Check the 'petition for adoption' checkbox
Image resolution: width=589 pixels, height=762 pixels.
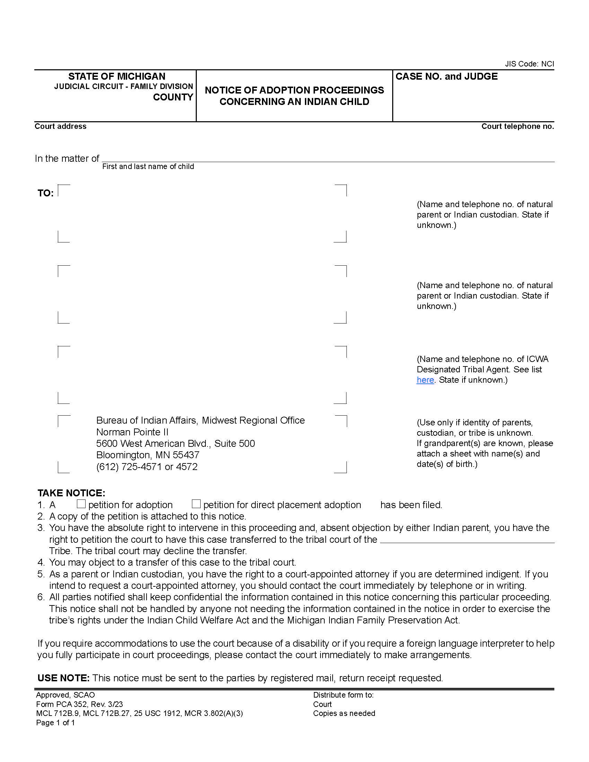tap(81, 504)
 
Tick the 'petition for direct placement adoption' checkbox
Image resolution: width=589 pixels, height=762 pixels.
tap(196, 504)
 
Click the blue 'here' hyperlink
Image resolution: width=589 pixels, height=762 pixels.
tap(425, 380)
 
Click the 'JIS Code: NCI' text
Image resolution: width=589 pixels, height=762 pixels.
tap(529, 64)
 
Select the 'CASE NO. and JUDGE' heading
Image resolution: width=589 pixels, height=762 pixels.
tap(446, 77)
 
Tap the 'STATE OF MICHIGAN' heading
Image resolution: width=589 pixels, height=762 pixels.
tap(116, 77)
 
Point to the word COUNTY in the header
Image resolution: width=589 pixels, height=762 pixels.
tap(173, 97)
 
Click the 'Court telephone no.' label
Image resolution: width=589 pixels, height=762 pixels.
tap(517, 126)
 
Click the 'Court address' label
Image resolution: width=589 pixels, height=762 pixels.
tap(60, 126)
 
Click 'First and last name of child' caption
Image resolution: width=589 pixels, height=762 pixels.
tap(148, 166)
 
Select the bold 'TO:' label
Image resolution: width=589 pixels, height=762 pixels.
tap(46, 193)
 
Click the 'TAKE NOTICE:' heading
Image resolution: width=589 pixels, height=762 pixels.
tap(71, 493)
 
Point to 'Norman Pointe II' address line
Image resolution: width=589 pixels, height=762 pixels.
tap(132, 432)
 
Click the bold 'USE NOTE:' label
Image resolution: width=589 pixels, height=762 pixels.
tap(63, 678)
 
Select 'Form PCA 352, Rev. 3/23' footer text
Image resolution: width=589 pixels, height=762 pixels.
tap(79, 704)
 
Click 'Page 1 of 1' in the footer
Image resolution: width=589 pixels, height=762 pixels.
tap(55, 723)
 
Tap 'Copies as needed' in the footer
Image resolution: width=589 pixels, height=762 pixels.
tap(344, 713)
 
